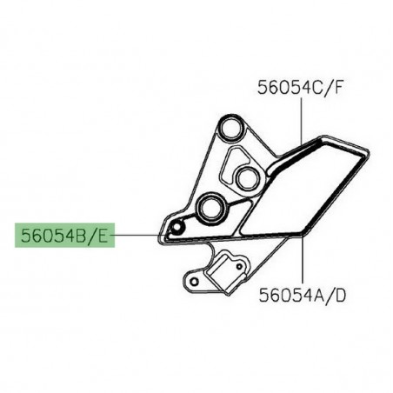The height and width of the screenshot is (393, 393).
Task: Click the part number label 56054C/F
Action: point(303,87)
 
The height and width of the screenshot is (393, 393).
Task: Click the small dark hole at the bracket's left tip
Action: point(177,229)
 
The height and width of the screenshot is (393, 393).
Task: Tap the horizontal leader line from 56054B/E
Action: point(139,234)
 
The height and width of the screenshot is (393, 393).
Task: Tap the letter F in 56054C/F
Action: point(342,87)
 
